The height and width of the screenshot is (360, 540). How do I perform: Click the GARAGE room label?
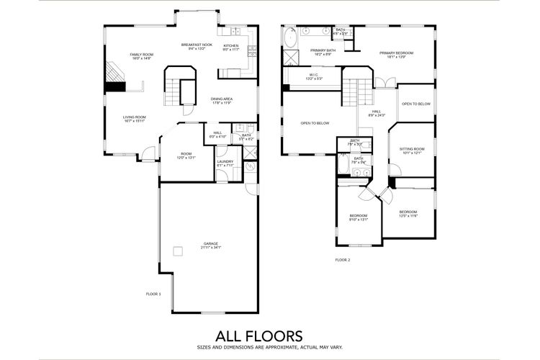[211, 243]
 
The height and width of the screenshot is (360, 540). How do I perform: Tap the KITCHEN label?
[230, 45]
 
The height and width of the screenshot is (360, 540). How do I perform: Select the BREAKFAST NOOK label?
[196, 45]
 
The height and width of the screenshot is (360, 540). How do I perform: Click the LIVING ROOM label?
[134, 117]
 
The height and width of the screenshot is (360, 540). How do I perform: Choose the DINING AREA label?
[222, 99]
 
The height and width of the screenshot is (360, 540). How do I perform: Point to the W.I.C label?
[315, 74]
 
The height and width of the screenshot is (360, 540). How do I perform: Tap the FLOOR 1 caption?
[153, 294]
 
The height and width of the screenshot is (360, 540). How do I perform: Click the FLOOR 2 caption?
[343, 259]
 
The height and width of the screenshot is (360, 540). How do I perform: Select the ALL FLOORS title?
[259, 336]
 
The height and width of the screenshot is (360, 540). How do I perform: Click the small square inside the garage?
[177, 251]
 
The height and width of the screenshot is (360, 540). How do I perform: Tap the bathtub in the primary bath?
[288, 37]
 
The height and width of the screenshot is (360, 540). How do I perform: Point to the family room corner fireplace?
[114, 73]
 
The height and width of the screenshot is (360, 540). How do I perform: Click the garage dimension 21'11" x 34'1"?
[211, 248]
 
